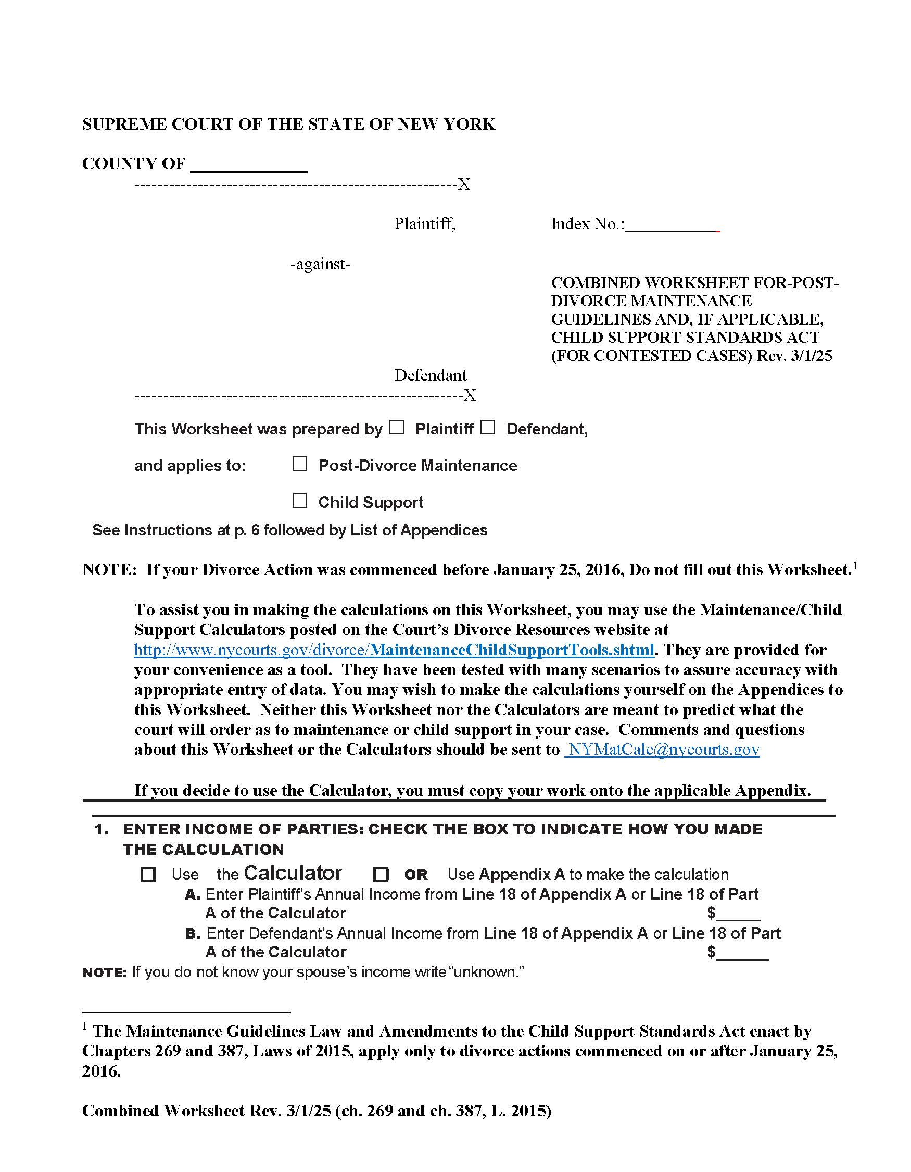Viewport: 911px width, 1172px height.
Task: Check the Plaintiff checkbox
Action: click(x=396, y=427)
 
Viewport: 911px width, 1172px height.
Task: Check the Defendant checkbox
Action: click(x=487, y=427)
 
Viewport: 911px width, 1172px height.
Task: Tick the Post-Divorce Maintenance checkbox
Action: click(x=300, y=464)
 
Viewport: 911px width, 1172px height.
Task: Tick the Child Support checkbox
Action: click(x=300, y=501)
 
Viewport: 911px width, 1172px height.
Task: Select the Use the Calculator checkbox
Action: click(x=148, y=875)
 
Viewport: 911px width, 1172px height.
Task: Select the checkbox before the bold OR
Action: click(x=381, y=875)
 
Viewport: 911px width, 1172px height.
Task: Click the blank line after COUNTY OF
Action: click(x=249, y=165)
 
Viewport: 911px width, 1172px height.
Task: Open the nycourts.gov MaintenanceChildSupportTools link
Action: click(x=394, y=650)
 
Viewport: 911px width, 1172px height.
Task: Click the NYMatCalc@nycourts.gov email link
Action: click(x=663, y=749)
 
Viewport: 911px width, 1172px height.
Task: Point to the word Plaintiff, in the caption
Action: click(x=425, y=224)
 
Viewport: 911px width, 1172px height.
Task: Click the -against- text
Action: click(x=321, y=264)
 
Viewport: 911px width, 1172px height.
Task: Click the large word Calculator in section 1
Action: click(x=293, y=873)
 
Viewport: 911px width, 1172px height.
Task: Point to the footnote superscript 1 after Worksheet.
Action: click(x=855, y=565)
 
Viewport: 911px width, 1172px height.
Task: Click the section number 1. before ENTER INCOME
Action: click(x=102, y=830)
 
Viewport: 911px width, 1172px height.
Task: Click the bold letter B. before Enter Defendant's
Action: click(x=193, y=934)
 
